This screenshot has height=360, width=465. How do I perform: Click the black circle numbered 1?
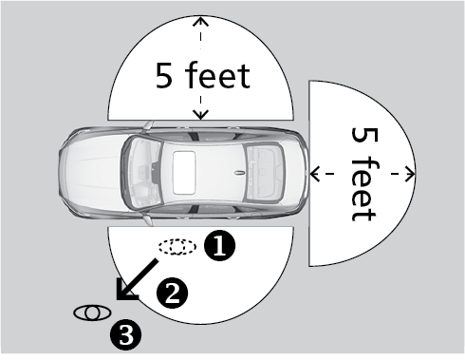tap(220, 245)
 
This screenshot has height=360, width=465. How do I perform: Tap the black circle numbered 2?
tap(173, 294)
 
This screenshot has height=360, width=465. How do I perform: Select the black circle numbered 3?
tap(125, 334)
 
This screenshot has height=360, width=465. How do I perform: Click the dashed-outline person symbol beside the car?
tap(177, 247)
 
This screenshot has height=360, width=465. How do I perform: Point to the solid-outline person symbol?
tap(92, 313)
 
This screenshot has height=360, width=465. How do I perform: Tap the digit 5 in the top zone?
tap(164, 75)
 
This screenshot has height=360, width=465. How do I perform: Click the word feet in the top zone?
tap(217, 75)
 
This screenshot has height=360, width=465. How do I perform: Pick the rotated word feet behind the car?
tap(364, 190)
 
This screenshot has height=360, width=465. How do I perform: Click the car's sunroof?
tap(184, 173)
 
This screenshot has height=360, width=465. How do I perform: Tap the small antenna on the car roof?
tap(240, 173)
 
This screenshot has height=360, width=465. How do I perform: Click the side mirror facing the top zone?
tap(148, 125)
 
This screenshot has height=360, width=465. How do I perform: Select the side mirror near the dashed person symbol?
tap(148, 219)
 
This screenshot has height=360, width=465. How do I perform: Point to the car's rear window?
tap(264, 173)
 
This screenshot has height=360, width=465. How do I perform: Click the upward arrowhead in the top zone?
tap(201, 21)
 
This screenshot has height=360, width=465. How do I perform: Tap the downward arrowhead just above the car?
tap(201, 115)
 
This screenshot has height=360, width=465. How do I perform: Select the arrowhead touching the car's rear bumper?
tap(314, 174)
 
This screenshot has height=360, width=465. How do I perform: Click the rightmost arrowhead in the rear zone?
tap(410, 174)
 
